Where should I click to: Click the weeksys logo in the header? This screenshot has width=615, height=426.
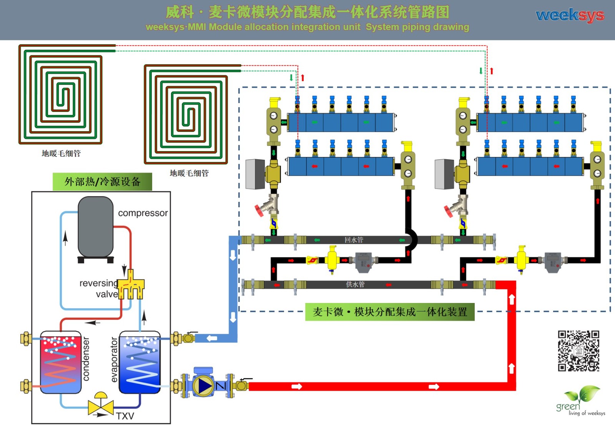pos(570,15)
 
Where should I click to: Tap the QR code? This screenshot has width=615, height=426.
pos(578,351)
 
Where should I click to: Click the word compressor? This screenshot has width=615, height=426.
pos(143,213)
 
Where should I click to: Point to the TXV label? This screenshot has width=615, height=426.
pos(125,416)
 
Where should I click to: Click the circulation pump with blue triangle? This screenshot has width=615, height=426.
pos(203,385)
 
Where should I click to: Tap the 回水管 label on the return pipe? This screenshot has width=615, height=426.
pos(354,240)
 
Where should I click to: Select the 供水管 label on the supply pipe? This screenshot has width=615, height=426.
pos(355,285)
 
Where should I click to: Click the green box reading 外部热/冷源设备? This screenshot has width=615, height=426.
pos(102,182)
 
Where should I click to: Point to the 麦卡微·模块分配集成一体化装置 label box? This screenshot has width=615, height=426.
pos(390,312)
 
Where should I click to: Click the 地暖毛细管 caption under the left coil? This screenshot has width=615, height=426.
pos(61,153)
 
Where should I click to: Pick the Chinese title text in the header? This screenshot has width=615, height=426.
pos(307,12)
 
